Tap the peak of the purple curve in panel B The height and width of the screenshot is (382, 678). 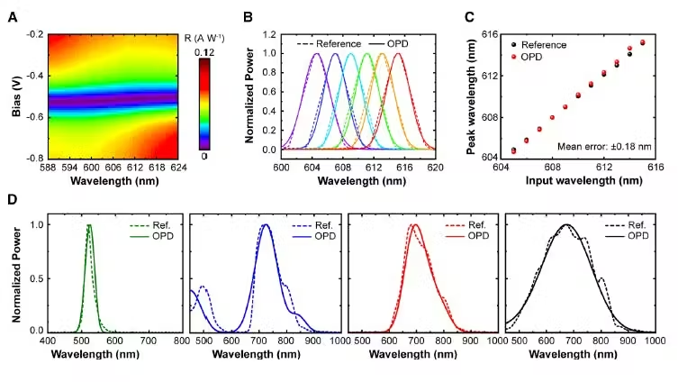coord(317,53)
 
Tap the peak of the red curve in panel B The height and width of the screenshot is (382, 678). coord(398,53)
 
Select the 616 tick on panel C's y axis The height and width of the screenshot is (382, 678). coord(489,34)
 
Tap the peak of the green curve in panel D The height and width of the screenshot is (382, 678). coord(89,225)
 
